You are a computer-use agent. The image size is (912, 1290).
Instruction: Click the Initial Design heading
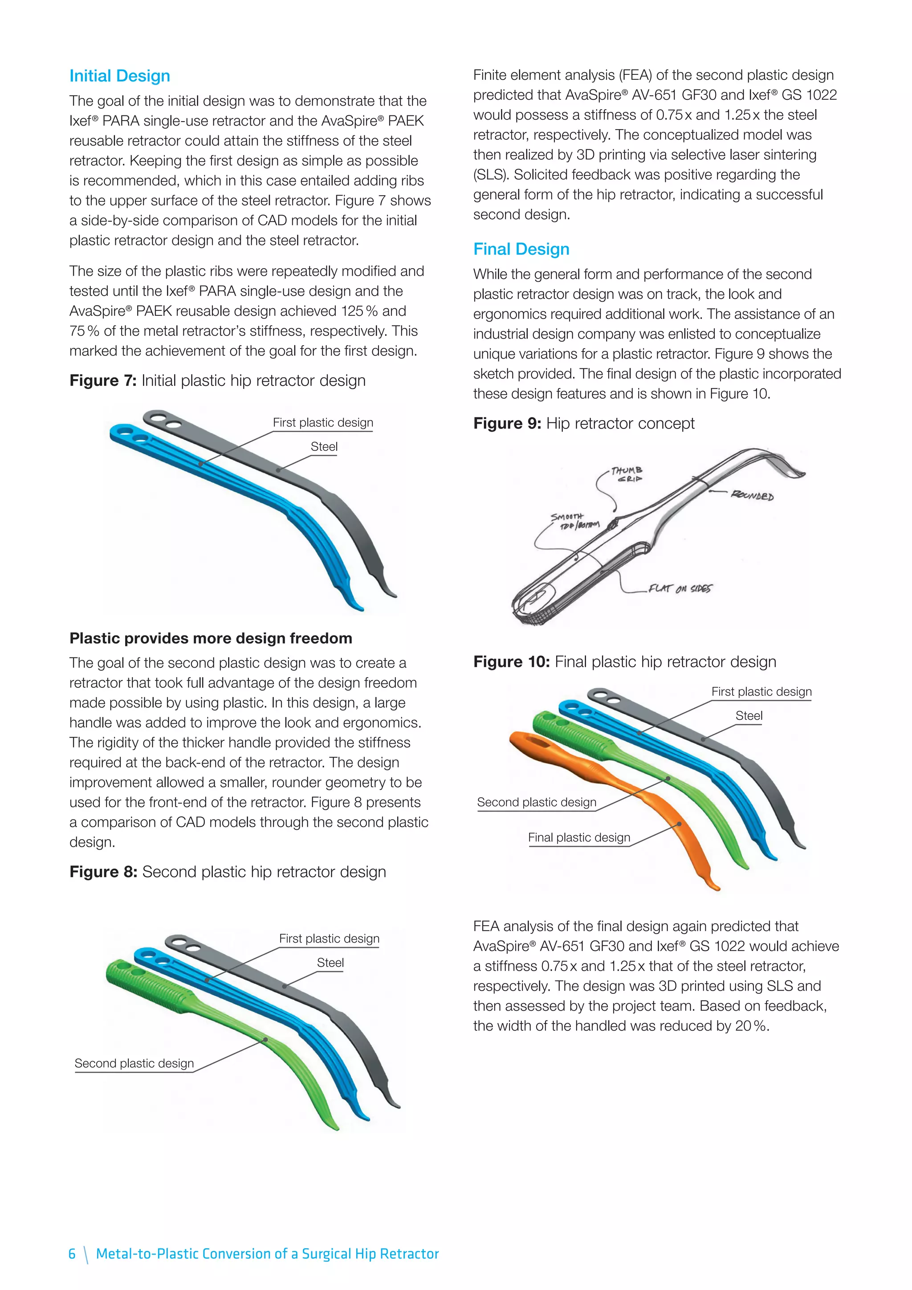click(x=120, y=76)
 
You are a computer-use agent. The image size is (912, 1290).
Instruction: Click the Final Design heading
click(x=521, y=249)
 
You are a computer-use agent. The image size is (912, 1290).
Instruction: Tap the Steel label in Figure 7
click(x=324, y=447)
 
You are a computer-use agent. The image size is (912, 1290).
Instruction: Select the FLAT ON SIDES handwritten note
click(x=680, y=588)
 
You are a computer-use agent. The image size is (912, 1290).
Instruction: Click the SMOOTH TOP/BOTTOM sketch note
click(x=574, y=521)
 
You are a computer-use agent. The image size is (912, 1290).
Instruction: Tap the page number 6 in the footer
click(x=72, y=1253)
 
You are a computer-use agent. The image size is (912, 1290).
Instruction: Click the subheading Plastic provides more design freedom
click(x=211, y=638)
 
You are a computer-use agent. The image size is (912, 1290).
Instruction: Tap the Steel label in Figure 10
click(x=749, y=716)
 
